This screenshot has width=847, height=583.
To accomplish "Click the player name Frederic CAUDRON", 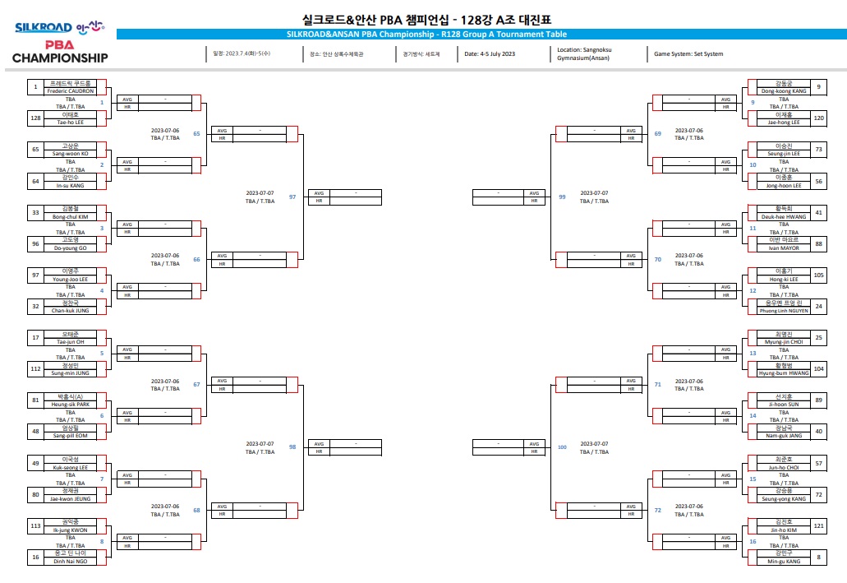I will click(x=70, y=90).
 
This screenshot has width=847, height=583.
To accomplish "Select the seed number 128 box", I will click(x=35, y=118).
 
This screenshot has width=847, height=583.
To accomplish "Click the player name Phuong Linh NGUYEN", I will click(x=776, y=310).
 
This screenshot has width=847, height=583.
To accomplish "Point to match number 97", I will click(x=292, y=197).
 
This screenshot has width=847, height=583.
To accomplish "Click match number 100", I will click(x=562, y=447).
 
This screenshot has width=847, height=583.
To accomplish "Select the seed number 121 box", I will click(x=819, y=525).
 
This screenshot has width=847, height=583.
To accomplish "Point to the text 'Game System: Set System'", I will click(x=688, y=54).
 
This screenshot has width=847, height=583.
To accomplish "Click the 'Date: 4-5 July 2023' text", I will click(x=490, y=54).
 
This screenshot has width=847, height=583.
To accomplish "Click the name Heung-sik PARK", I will click(x=70, y=405).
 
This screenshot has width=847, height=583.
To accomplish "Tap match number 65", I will click(x=196, y=133).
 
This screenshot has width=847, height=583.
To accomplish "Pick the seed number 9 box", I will click(x=819, y=86).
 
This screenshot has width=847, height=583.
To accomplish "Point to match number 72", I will click(x=657, y=511).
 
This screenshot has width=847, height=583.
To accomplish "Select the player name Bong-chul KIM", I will click(x=70, y=216).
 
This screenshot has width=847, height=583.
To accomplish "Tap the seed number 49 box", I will click(x=35, y=463).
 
